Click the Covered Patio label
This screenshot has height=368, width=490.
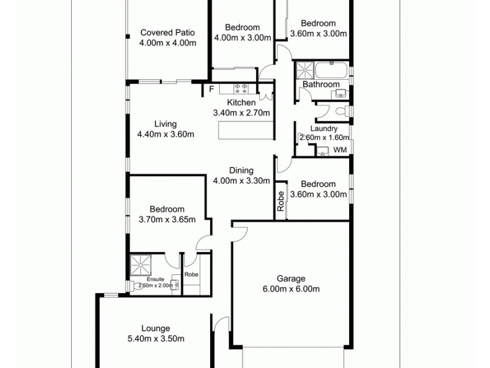click(x=167, y=33)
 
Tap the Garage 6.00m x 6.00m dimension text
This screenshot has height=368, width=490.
click(x=290, y=289)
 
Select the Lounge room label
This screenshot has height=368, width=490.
click(x=155, y=328)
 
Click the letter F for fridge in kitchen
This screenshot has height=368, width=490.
click(x=212, y=90)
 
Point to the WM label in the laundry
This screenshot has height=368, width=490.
click(x=340, y=149)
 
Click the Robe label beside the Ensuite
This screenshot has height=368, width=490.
click(x=192, y=274)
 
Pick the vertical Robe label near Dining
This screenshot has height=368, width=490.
click(x=281, y=202)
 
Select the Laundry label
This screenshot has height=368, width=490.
click(x=324, y=129)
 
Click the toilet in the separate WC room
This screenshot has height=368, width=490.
click(x=344, y=111)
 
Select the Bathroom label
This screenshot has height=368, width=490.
click(x=321, y=85)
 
